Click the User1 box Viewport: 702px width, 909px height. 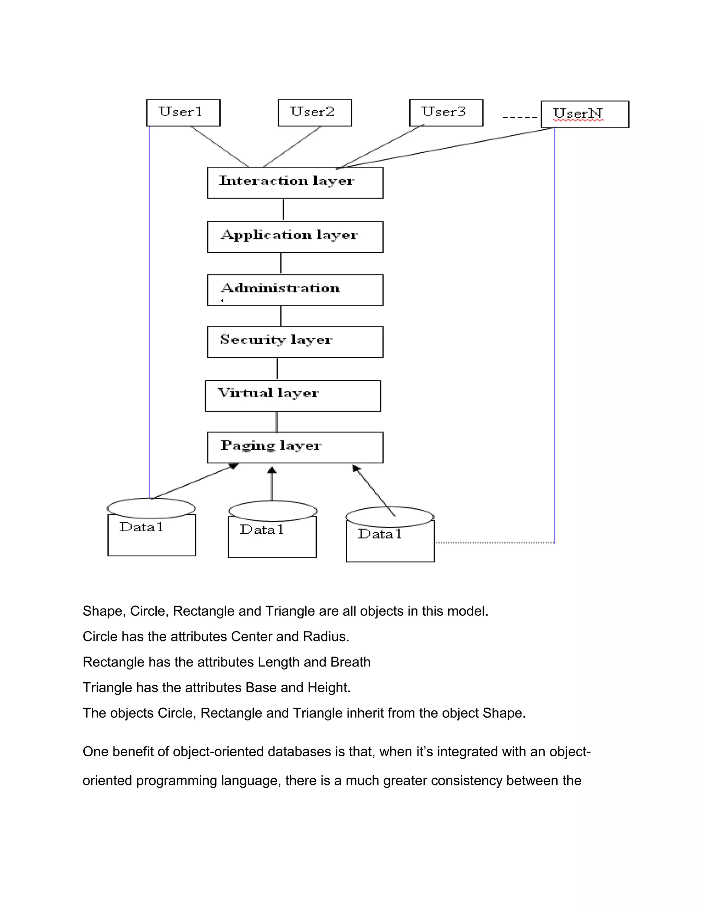(183, 113)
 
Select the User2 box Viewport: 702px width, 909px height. (314, 113)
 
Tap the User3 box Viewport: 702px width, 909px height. (446, 113)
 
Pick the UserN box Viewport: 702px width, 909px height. (584, 114)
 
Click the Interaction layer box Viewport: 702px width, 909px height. (295, 183)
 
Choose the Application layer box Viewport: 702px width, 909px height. (295, 236)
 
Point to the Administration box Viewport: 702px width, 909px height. (295, 290)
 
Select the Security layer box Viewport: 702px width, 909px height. (295, 342)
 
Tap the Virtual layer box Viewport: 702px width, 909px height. (292, 396)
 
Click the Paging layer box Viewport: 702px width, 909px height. (295, 447)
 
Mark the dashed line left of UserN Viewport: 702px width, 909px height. (519, 117)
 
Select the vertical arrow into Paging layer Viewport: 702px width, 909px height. (271, 485)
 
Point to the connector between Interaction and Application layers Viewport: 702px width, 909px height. (283, 209)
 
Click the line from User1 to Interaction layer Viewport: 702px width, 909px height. (220, 146)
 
